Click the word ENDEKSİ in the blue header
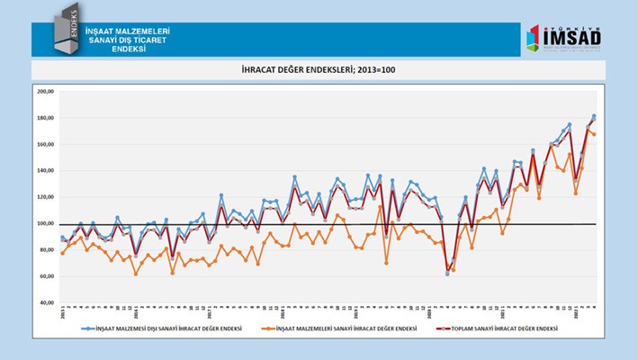point(128,49)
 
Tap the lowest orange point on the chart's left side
point(136,273)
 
